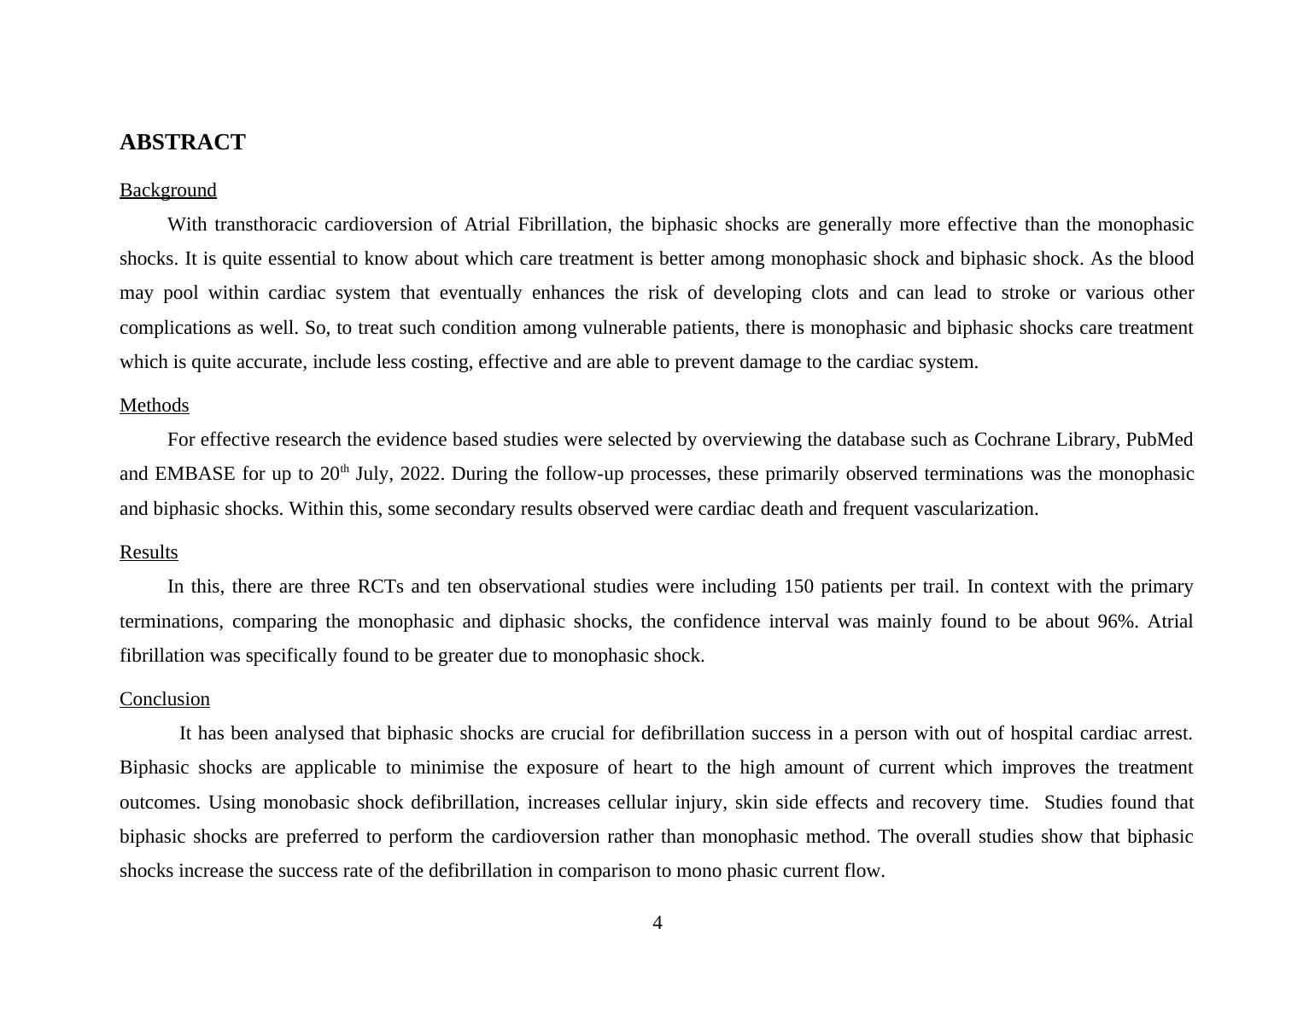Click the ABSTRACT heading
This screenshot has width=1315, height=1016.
182,143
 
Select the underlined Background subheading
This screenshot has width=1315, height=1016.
167,190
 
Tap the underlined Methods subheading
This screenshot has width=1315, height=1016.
154,406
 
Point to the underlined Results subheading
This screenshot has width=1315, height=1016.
149,552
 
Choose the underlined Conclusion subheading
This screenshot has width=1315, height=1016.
164,699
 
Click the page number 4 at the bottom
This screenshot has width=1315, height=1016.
657,923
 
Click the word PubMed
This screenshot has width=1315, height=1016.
1159,440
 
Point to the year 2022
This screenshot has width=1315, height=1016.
420,474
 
